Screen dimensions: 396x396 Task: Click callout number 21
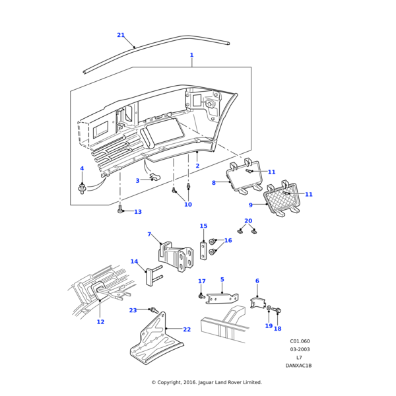point(121,35)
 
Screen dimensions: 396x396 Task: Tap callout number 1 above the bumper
point(191,55)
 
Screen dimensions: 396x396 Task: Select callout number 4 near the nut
point(82,169)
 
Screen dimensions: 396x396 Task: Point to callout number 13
point(138,212)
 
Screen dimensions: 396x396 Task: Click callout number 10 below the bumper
point(188,205)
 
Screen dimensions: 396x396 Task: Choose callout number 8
point(214,183)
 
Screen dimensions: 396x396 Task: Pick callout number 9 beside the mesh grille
point(251,205)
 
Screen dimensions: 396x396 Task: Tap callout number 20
point(248,221)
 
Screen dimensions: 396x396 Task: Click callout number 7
point(149,234)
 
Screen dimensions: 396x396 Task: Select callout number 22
point(187,329)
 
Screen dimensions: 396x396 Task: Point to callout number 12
point(100,322)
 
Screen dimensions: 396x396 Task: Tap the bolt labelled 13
point(120,210)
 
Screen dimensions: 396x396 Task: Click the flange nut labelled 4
point(82,190)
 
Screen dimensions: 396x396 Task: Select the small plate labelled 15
point(204,250)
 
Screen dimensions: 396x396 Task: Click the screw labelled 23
point(153,310)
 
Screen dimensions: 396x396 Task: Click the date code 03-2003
point(300,349)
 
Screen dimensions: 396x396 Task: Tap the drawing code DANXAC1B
point(298,365)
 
